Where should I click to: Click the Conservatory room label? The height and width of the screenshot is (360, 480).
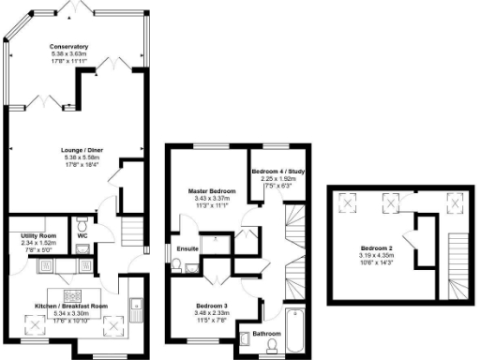tap(69, 46)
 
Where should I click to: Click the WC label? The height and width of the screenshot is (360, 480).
tap(96, 249)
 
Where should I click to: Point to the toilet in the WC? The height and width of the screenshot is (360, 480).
tap(82, 226)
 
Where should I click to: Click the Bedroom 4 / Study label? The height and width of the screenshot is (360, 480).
tap(278, 171)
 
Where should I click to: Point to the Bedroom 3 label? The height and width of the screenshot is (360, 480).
tap(212, 307)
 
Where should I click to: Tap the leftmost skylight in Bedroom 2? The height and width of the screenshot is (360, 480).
tap(348, 202)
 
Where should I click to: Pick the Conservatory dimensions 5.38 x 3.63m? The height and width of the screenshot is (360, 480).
tap(69, 54)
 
